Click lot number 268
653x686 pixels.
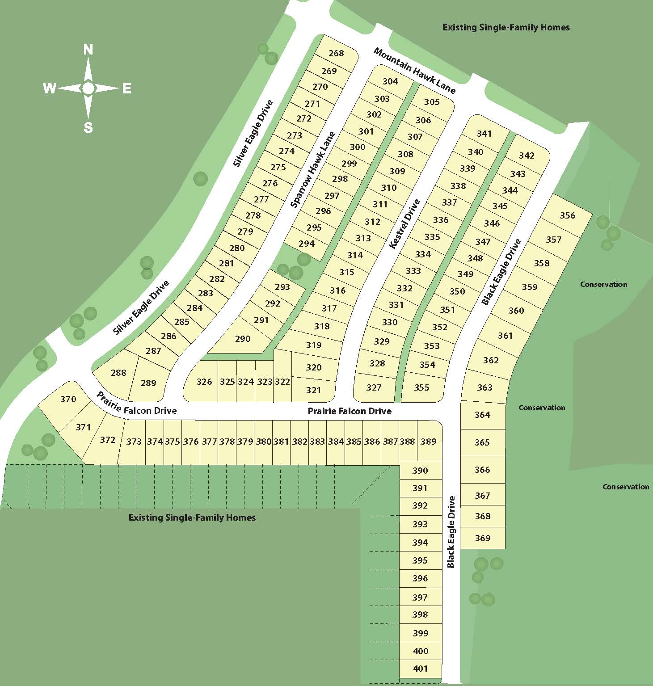(x=336, y=53)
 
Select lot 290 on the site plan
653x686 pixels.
(x=243, y=339)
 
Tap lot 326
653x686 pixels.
(x=204, y=382)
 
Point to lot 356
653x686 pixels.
(x=568, y=215)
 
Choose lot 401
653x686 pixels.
(x=421, y=669)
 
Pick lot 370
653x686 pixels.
(x=68, y=399)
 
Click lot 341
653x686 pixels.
(x=484, y=134)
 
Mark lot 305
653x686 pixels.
(x=432, y=102)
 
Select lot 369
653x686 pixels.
(x=483, y=538)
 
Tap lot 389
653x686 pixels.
(x=429, y=442)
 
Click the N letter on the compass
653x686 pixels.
(x=88, y=50)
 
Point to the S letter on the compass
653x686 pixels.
(x=88, y=128)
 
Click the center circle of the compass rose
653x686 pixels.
(x=88, y=88)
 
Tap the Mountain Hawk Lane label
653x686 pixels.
(x=414, y=71)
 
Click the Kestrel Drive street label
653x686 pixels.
(x=405, y=223)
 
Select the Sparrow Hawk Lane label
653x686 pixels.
(x=312, y=170)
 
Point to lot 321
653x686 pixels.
(x=314, y=390)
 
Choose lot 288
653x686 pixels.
(x=118, y=373)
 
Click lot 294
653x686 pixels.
(x=307, y=244)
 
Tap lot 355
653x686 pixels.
(x=421, y=387)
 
